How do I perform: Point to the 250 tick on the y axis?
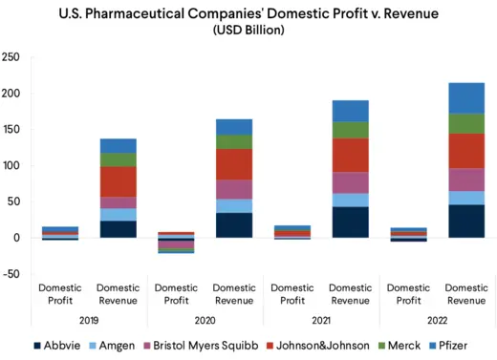pyautogui.click(x=11, y=57)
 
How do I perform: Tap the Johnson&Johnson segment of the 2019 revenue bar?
pyautogui.click(x=118, y=181)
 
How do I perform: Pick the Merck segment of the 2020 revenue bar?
pyautogui.click(x=234, y=141)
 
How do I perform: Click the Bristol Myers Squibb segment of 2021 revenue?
pyautogui.click(x=351, y=182)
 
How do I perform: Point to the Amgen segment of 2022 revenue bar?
pyautogui.click(x=466, y=198)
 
